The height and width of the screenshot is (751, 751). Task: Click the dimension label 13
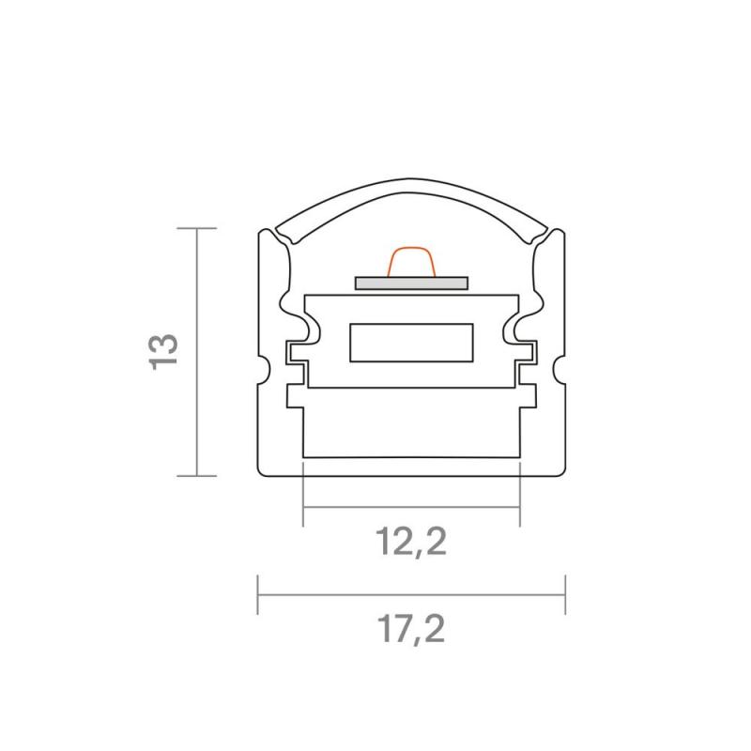pos(163,351)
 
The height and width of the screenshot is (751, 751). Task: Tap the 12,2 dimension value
pos(411,542)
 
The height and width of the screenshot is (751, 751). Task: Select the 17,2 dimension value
pos(411,629)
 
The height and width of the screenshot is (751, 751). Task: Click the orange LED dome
pos(411,262)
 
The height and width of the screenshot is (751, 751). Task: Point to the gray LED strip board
pos(411,284)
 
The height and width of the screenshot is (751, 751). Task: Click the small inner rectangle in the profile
pos(411,343)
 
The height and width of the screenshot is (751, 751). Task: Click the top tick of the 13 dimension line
pos(197,228)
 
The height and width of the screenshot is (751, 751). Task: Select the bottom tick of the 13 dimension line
pos(197,476)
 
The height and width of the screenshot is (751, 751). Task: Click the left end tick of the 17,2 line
pos(258,594)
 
